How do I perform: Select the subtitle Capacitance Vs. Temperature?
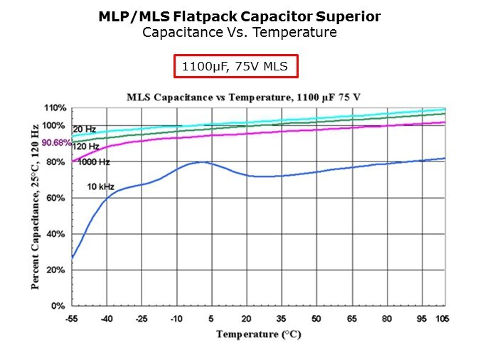pyautogui.click(x=240, y=32)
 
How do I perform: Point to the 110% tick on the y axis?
pyautogui.click(x=55, y=108)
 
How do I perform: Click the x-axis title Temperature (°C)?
pyautogui.click(x=259, y=334)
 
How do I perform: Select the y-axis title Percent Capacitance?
pyautogui.click(x=35, y=205)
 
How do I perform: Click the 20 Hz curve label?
pyautogui.click(x=85, y=129)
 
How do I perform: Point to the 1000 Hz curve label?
pyautogui.click(x=94, y=162)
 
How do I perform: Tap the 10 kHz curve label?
pyautogui.click(x=101, y=186)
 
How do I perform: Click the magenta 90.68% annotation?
pyautogui.click(x=55, y=143)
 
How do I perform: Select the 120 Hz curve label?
pyautogui.click(x=85, y=146)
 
